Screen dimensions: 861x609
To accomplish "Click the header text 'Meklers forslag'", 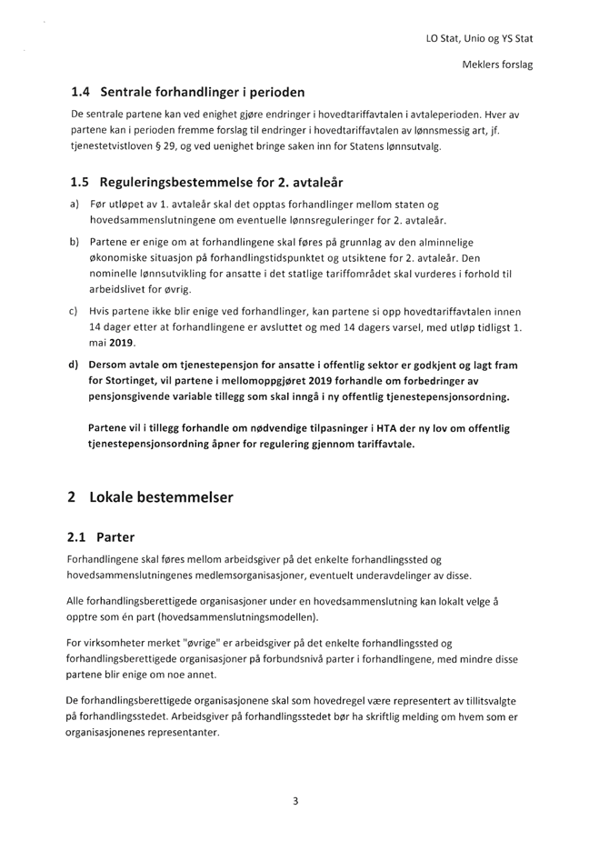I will [x=496, y=65].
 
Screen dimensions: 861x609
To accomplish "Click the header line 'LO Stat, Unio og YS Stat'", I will [x=479, y=40].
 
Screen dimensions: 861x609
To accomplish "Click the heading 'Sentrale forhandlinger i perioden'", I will [x=204, y=93].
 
